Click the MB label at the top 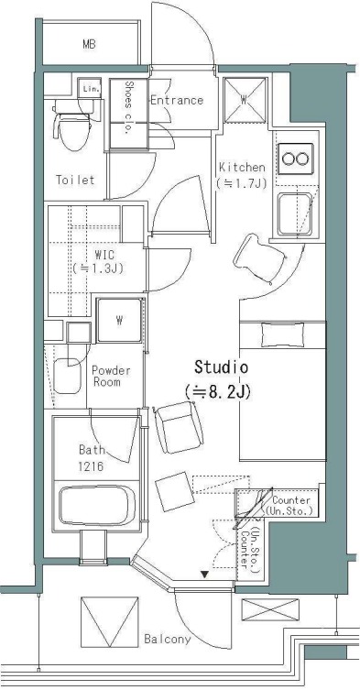coord(89,44)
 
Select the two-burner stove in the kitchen coord(296,159)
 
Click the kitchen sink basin coord(295,214)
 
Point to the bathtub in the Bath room coord(97,505)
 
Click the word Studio coord(222,367)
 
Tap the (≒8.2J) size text coord(218,391)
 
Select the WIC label coord(104,255)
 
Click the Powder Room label coord(111,377)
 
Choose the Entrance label coord(177,100)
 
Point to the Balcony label coord(168,640)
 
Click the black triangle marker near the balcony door coord(204,574)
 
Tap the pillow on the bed coord(282,334)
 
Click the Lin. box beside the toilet coord(89,87)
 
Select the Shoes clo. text coord(129,107)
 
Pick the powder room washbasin coord(68,376)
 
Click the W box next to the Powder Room coord(119,321)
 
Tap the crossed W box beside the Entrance coord(245,100)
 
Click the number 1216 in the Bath coord(91,466)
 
